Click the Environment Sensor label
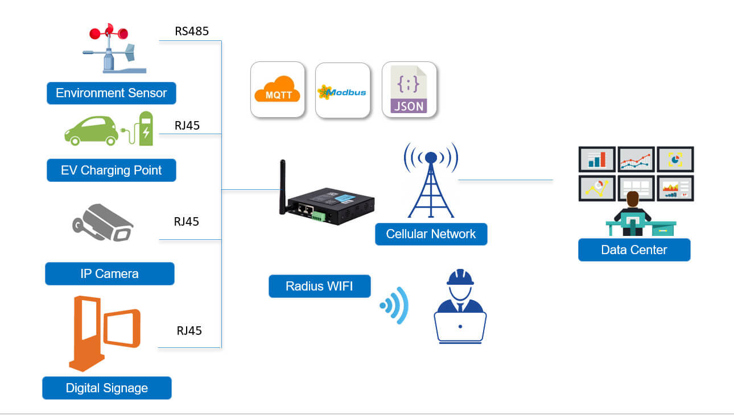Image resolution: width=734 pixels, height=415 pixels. pos(111,93)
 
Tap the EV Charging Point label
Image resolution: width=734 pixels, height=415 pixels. pos(111,171)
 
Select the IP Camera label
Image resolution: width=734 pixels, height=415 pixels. pos(109,274)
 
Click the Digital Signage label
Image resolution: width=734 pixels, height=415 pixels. pos(106,388)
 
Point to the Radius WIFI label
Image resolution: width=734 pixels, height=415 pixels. pos(319,287)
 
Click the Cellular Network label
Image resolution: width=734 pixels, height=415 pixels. pos(431,234)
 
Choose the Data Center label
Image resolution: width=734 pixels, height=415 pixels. pos(634,250)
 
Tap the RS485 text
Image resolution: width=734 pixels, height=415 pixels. pos(192,31)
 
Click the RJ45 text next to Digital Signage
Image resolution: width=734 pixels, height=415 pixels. pos(189,331)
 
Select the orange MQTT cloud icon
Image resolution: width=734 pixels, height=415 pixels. pos(278,90)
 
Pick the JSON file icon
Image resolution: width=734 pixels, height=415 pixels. pos(409,90)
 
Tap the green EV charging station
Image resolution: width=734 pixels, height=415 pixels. pos(146,128)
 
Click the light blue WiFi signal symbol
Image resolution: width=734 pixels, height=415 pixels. pos(395,306)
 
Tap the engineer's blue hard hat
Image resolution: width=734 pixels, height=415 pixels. pos(460,277)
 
